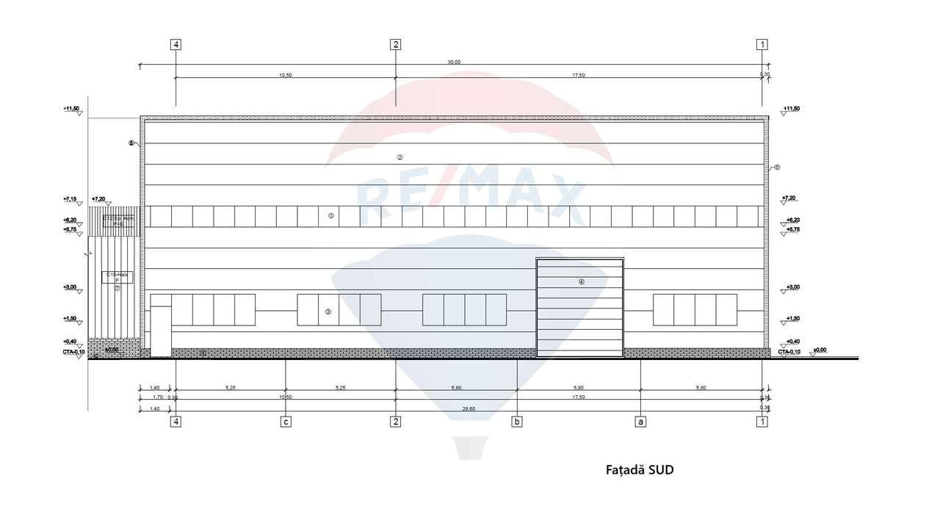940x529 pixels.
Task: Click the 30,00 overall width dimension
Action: pyautogui.click(x=454, y=62)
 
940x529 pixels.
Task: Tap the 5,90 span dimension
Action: pyautogui.click(x=579, y=387)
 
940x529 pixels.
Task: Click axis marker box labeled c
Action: pyautogui.click(x=286, y=422)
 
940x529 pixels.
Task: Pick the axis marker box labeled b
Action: pyautogui.click(x=518, y=422)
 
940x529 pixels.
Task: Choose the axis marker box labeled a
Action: pyautogui.click(x=640, y=422)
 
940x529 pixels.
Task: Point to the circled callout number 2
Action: pyautogui.click(x=399, y=157)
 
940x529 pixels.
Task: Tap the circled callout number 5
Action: pyautogui.click(x=131, y=143)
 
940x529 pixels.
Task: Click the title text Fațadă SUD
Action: pyautogui.click(x=639, y=469)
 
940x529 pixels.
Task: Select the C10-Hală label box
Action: pyautogui.click(x=117, y=277)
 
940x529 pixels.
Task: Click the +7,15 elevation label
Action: pyautogui.click(x=71, y=199)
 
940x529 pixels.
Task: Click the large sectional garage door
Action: pyautogui.click(x=579, y=307)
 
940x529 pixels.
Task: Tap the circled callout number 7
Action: pyautogui.click(x=117, y=289)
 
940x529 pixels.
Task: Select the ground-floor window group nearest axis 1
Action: pyautogui.click(x=695, y=309)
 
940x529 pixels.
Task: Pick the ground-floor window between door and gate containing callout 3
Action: pyautogui.click(x=339, y=309)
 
